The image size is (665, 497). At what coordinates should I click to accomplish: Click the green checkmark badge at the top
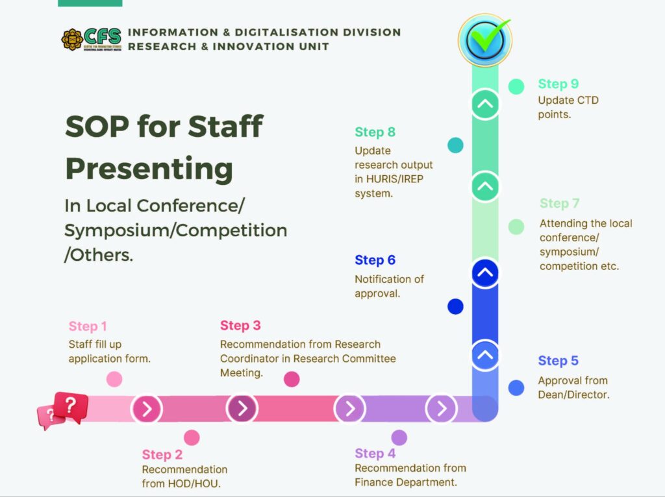485,40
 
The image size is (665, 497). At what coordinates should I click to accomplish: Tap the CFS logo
91,40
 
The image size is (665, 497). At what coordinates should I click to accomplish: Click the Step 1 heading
88,326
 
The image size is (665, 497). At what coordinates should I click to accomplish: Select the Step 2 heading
162,455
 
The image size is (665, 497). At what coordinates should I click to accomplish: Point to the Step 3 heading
240,326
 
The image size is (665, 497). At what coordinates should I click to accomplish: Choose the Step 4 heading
375,454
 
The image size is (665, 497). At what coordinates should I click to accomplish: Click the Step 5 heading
558,361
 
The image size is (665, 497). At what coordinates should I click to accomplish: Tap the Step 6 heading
375,260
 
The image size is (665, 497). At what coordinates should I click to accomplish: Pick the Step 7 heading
559,203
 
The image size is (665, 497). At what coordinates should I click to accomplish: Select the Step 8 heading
375,132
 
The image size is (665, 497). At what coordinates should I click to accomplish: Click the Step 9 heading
558,84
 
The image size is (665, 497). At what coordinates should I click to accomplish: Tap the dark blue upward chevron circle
485,273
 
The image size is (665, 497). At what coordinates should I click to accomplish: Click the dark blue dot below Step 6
455,306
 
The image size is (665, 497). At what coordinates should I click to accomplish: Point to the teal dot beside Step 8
455,145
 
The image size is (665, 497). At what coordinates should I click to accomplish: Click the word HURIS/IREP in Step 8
395,179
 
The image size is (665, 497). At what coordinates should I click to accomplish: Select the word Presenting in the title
149,169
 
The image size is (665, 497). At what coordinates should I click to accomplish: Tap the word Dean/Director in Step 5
574,395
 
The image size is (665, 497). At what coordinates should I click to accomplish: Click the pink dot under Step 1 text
114,379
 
